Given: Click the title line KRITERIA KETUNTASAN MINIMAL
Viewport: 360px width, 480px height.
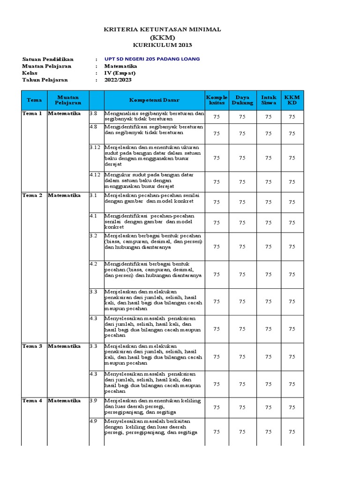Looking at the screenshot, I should (162, 30).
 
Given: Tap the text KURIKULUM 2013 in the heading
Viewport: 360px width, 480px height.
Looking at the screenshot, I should (162, 45).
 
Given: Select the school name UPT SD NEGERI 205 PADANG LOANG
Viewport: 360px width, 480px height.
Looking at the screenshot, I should (152, 59).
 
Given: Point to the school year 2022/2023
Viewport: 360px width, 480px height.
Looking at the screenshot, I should (118, 80).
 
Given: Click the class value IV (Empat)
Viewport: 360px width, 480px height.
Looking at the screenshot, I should (120, 73).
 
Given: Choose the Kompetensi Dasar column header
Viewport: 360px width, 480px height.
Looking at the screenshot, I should (154, 100).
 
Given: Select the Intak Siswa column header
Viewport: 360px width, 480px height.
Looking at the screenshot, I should (269, 100).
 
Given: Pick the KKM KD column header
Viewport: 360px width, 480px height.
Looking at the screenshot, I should (292, 100).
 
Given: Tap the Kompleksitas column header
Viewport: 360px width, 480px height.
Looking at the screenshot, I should (216, 100).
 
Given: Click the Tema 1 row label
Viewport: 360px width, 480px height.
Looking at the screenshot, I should (32, 113).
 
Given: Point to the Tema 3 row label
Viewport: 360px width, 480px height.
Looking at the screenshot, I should (32, 346).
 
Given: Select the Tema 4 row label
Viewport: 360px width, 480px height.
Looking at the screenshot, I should (32, 401).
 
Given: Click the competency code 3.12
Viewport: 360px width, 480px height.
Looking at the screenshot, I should (95, 147).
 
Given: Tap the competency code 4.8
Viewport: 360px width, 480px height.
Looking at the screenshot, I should (94, 127).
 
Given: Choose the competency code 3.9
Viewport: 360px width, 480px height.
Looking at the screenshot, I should (94, 401).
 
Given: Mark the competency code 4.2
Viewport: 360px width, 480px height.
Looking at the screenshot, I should (94, 264).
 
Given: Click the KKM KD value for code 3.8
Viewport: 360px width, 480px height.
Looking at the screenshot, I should (292, 117).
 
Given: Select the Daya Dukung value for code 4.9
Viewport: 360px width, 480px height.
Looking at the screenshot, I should (242, 432).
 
